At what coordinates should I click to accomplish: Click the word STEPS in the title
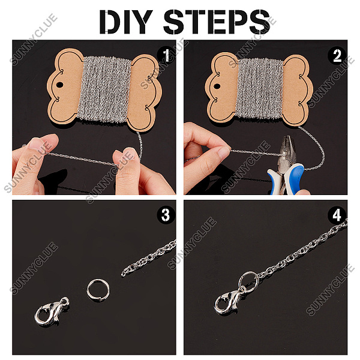[x=217, y=22]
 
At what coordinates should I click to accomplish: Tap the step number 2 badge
[x=337, y=55]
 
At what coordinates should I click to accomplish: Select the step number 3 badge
[x=166, y=215]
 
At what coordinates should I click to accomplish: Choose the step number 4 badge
[x=337, y=215]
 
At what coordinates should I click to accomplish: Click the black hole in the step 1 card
[x=59, y=85]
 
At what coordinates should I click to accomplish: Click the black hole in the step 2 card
[x=217, y=86]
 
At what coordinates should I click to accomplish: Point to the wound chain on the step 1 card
[x=104, y=90]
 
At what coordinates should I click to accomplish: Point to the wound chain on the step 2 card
[x=260, y=88]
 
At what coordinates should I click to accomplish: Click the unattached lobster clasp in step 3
[x=51, y=312]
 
